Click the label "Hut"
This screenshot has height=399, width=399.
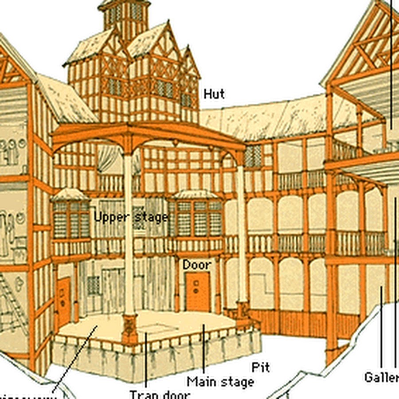click(x=214, y=94)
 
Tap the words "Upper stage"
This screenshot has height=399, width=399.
click(x=131, y=217)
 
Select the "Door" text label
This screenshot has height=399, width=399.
click(x=197, y=265)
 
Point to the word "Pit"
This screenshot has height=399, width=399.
click(x=261, y=367)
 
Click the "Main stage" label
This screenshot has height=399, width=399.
click(x=220, y=382)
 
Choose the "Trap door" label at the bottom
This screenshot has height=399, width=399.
click(x=160, y=394)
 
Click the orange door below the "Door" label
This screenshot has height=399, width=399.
click(x=198, y=291)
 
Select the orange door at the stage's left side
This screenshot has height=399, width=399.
click(x=64, y=301)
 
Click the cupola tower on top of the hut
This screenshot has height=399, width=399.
click(x=123, y=16)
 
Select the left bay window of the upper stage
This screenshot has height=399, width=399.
click(x=71, y=217)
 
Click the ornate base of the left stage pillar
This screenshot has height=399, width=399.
click(x=129, y=328)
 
